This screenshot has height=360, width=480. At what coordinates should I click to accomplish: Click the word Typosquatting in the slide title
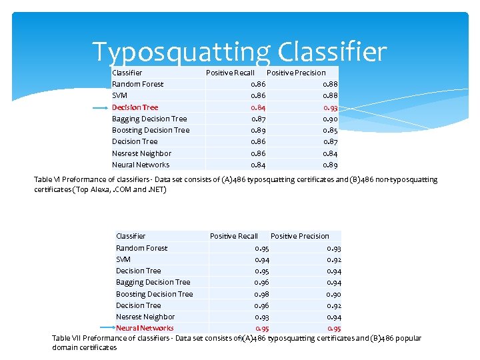[181, 51]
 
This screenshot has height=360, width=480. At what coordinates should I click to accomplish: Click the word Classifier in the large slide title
[331, 51]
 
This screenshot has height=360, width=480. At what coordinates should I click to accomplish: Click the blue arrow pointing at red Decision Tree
[99, 107]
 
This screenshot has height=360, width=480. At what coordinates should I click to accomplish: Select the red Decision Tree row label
[135, 107]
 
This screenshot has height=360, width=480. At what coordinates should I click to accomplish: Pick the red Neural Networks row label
[144, 328]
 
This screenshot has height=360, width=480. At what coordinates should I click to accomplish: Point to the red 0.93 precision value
[330, 107]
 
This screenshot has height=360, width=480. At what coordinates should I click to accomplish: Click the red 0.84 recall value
[258, 107]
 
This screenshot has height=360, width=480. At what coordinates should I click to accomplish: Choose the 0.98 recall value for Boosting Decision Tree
[262, 294]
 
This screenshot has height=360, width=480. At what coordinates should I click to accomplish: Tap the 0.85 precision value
[330, 130]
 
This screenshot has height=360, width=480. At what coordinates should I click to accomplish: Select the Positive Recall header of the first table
[230, 73]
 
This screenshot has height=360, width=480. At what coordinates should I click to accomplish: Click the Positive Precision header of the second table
[299, 236]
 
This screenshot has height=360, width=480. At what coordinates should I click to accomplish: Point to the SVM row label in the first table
[119, 95]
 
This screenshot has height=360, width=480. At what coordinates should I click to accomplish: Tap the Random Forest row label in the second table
[141, 248]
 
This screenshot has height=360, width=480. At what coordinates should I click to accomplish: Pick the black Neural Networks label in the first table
[140, 165]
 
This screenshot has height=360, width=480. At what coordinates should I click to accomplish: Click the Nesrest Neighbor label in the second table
[145, 317]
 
